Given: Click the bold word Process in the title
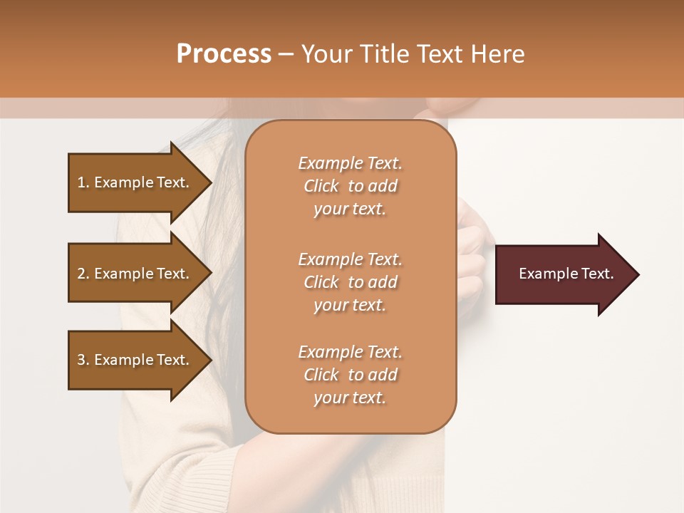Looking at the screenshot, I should (224, 54).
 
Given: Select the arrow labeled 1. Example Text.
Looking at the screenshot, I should (135, 182).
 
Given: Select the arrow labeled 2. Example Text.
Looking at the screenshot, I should (135, 274).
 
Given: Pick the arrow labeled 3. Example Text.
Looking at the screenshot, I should (135, 360).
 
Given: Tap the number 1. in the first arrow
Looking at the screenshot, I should (83, 182).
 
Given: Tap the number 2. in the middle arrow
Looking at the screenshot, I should (83, 274).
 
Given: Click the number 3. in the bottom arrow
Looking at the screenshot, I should (83, 360).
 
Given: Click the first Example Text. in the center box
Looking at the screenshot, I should (350, 163).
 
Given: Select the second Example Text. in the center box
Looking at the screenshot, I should (350, 259).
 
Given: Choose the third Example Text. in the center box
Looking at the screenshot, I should (350, 352).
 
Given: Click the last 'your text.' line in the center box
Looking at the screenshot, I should (350, 398).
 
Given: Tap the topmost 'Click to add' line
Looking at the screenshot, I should (350, 186).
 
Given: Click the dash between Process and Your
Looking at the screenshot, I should (286, 54).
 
